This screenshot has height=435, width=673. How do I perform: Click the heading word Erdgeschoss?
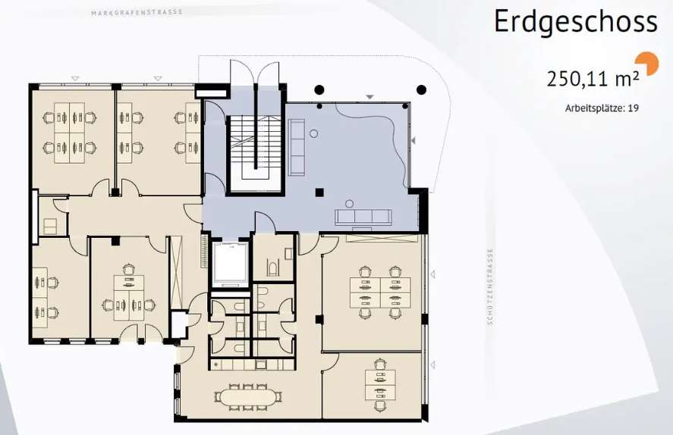(x=576, y=22)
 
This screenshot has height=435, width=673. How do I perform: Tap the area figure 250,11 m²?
(x=593, y=78)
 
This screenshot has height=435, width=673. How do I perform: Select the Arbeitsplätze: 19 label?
(x=602, y=108)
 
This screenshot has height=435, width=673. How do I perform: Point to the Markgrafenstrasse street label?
(x=137, y=12)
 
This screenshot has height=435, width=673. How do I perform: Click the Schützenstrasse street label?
(x=491, y=286)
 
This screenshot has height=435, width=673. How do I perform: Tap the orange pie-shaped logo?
(x=649, y=63)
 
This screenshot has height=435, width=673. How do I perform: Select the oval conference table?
(x=247, y=397)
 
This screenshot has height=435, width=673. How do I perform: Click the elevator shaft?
(x=231, y=264)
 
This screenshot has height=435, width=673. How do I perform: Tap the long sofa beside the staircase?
(x=296, y=148)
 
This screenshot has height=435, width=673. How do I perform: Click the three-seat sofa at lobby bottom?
(x=363, y=217)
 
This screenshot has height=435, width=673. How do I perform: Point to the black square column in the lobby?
(x=319, y=192)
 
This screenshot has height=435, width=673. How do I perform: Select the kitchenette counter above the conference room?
(x=253, y=365)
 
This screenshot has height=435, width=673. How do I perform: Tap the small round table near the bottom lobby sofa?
(x=350, y=203)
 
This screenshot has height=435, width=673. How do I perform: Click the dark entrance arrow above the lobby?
(x=370, y=97)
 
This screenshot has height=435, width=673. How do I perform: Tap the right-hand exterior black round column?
(x=422, y=90)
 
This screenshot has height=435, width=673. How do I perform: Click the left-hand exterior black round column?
(x=319, y=90)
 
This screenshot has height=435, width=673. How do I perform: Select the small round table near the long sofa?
(x=314, y=133)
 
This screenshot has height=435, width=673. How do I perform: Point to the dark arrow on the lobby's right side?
(x=414, y=140)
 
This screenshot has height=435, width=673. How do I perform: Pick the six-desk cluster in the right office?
(x=380, y=293)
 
